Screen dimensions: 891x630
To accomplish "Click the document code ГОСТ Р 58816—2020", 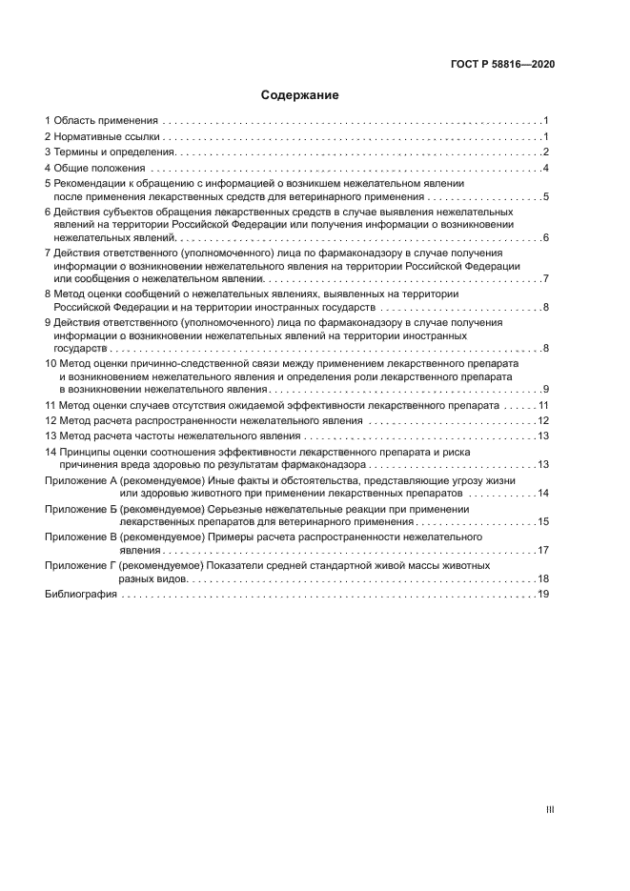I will pos(502,64).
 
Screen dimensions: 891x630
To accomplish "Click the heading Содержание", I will pos(300,95).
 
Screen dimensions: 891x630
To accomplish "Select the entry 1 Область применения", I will pos(101,121).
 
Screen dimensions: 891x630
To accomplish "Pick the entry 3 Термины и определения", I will pos(110,152).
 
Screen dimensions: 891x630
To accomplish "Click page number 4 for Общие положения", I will pos(545,169).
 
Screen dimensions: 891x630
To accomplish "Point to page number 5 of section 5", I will pos(545,196).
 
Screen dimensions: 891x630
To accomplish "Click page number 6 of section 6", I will pos(545,237).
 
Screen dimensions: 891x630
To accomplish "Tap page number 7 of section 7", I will pos(545,279).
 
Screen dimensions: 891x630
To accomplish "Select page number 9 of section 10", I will pos(545,389).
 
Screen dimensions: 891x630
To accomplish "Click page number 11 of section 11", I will pos(542,405).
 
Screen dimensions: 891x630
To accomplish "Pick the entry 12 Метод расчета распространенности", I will pos(204,420).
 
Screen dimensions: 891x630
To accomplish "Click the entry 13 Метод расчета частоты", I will pos(172,435).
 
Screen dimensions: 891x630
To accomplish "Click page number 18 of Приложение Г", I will pos(542,578).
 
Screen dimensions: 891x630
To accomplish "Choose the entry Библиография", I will pos(81,594).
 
